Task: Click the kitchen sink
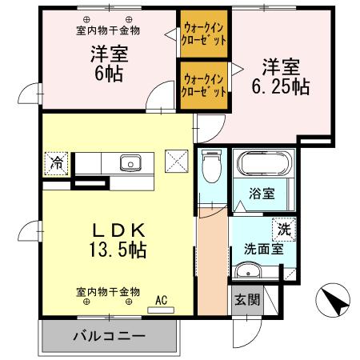(129, 163)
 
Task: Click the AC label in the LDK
(162, 301)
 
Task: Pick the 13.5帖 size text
(117, 250)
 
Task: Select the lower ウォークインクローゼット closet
(204, 85)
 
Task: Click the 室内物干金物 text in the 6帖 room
(109, 30)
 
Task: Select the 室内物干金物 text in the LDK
(109, 291)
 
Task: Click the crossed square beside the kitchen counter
(175, 160)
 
